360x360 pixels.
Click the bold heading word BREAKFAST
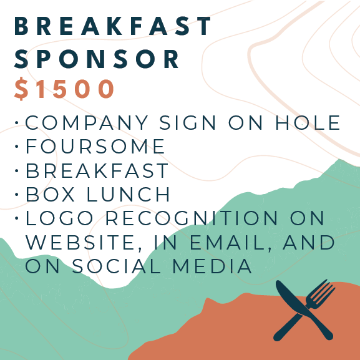[112, 26]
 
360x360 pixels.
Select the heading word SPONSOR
[97, 59]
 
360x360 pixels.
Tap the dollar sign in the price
[21, 89]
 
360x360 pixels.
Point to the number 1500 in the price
[75, 89]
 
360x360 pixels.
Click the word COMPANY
[86, 122]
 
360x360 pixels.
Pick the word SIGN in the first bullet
[188, 122]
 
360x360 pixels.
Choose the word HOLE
[308, 122]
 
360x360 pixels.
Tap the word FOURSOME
[95, 146]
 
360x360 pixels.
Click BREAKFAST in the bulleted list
[97, 170]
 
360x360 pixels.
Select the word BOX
[50, 194]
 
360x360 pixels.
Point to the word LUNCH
[128, 194]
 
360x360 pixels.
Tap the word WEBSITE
[80, 243]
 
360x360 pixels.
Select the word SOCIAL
[117, 266]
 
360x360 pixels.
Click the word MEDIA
[212, 266]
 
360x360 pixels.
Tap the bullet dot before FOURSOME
[16, 146]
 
